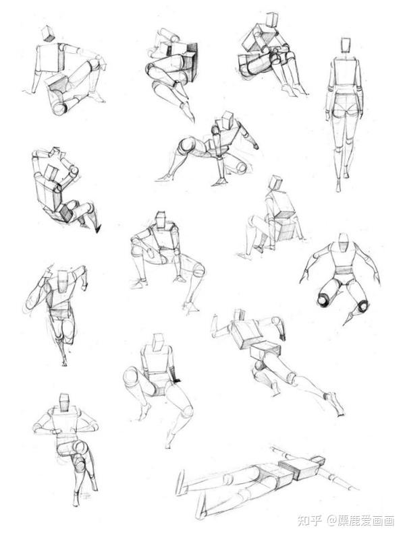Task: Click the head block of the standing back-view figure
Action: tap(346, 45)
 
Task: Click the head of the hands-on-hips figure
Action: tap(65, 403)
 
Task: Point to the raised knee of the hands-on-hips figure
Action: tap(80, 447)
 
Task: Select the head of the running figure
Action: tap(63, 281)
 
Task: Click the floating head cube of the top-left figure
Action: tap(48, 34)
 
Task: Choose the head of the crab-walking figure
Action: tap(227, 119)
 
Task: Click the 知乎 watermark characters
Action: tap(310, 521)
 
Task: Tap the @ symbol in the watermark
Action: tap(332, 521)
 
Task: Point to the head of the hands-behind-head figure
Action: tap(51, 172)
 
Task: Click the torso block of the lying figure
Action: tap(301, 468)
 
